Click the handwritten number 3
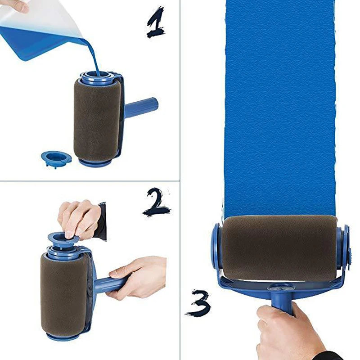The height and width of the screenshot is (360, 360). click(198, 302)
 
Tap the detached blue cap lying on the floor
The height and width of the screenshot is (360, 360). click(56, 158)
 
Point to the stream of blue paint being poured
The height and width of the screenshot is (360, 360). click(94, 56)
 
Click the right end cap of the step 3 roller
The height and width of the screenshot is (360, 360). click(344, 247)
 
